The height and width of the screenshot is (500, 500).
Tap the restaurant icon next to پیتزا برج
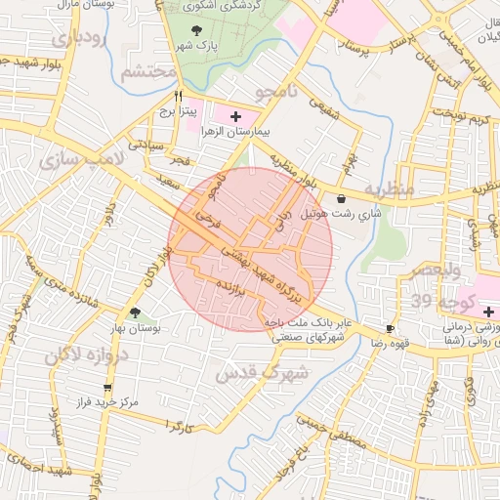pos(177,97)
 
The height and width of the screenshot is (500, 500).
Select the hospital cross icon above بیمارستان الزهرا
pos(234,116)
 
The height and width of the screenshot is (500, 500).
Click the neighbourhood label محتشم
pos(149,72)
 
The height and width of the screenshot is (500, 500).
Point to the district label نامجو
pos(275,93)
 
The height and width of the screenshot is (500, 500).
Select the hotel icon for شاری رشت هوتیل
pos(340,198)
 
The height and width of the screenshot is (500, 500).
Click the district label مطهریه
pos(390,187)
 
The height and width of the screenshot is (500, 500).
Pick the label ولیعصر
pos(443,271)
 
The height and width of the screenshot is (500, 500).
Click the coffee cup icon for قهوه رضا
pos(391,329)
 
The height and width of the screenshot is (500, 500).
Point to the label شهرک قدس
pos(272,372)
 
